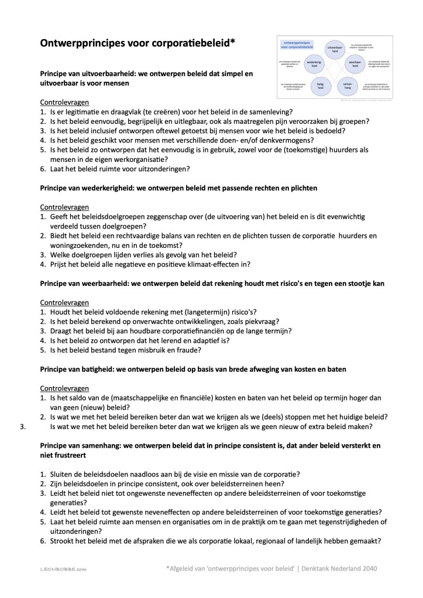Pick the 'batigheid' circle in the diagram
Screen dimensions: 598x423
pyautogui.click(x=320, y=86)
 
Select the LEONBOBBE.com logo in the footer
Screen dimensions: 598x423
pyautogui.click(x=64, y=568)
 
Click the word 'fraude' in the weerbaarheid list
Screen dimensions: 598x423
pyautogui.click(x=190, y=350)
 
